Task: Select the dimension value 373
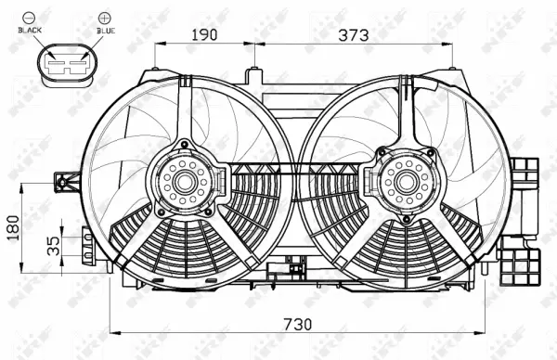354,35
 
